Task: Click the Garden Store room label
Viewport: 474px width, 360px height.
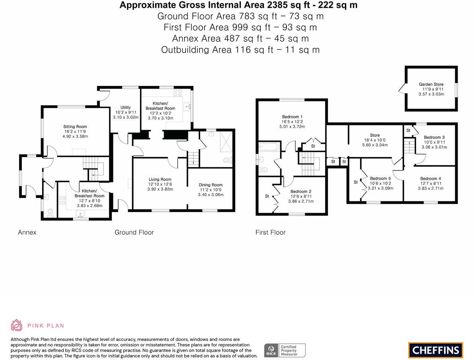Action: [x=431, y=84]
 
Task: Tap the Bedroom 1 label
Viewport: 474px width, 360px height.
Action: [x=293, y=117]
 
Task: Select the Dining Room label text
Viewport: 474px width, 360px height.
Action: [x=211, y=185]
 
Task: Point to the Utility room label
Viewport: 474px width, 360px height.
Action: [x=126, y=108]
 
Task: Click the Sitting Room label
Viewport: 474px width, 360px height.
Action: [x=75, y=127]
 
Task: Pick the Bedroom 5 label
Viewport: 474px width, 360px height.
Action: [x=380, y=179]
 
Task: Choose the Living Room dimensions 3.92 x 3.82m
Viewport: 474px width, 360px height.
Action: [x=160, y=189]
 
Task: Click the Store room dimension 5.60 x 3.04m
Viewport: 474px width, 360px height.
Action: [x=375, y=145]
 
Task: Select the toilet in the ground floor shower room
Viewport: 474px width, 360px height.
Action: [x=227, y=161]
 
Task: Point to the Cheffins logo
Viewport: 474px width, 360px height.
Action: [x=435, y=350]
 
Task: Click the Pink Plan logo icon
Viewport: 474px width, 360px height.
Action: [x=17, y=325]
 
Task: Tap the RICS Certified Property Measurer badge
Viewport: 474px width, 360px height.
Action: [x=285, y=350]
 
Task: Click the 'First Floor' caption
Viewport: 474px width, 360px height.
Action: [x=270, y=232]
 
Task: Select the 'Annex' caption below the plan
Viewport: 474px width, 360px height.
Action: [x=27, y=232]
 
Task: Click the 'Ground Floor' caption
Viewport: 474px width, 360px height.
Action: [x=134, y=232]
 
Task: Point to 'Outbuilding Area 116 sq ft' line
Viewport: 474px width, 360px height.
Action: [x=240, y=50]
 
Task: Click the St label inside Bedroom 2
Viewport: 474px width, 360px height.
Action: [x=267, y=196]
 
